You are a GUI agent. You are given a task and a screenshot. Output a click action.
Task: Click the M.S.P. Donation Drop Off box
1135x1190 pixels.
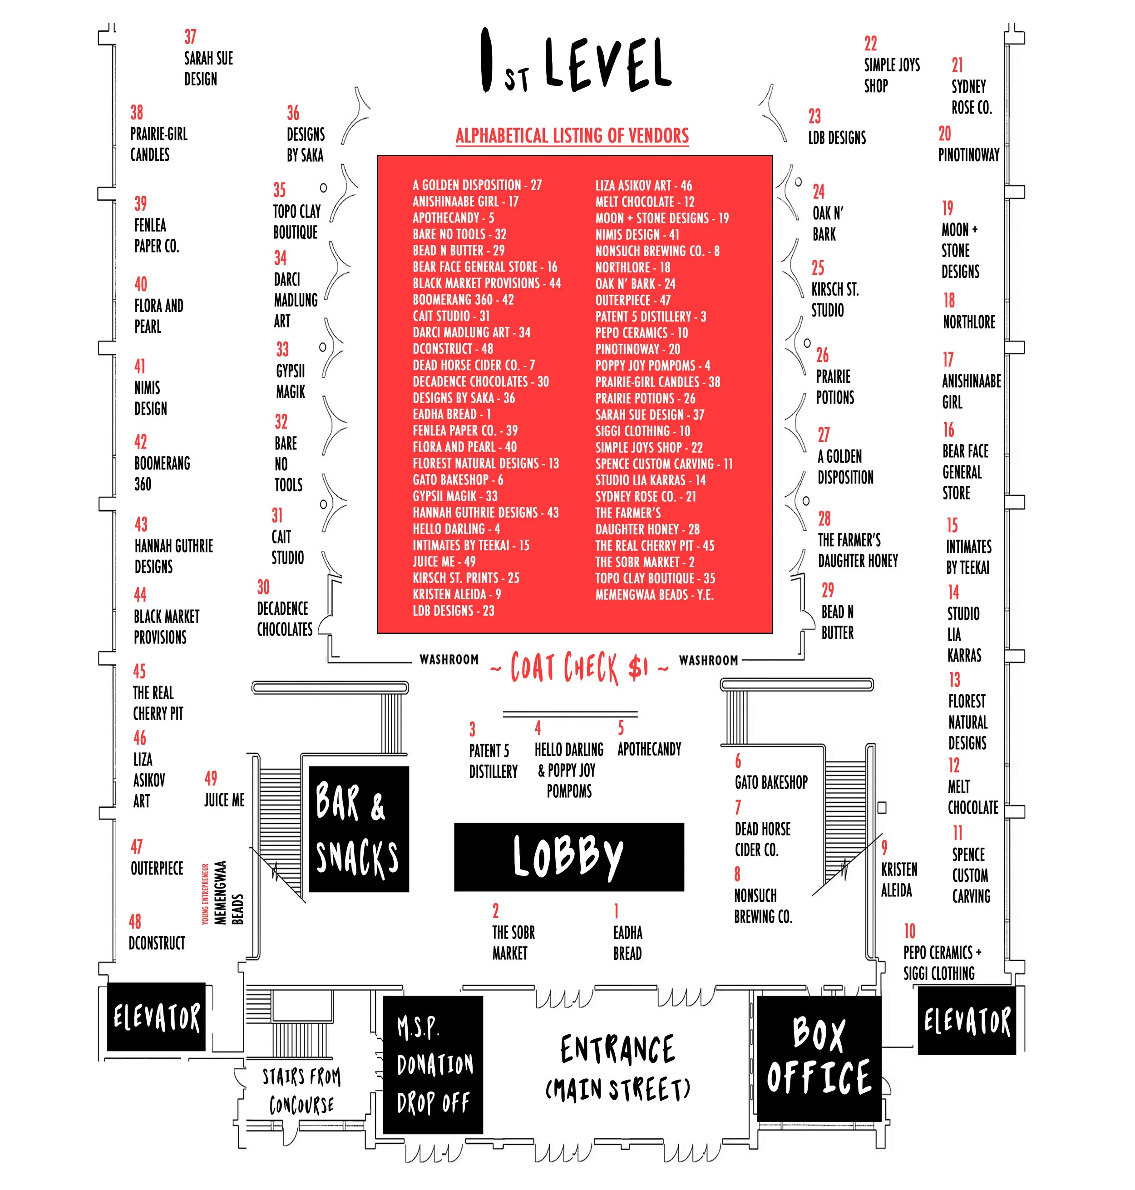pyautogui.click(x=433, y=1065)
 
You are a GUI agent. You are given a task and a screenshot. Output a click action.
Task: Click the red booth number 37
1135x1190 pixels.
pyautogui.click(x=191, y=37)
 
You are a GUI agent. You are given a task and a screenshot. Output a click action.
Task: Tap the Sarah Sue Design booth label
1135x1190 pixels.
pyautogui.click(x=207, y=69)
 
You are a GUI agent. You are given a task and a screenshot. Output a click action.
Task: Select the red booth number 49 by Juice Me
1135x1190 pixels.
pyautogui.click(x=211, y=778)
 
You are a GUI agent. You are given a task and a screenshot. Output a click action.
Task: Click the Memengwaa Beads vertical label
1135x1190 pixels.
pyautogui.click(x=229, y=892)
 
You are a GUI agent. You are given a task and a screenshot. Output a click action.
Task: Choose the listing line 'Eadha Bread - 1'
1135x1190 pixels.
pyautogui.click(x=451, y=415)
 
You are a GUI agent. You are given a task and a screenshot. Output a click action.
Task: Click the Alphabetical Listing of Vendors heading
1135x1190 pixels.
pyautogui.click(x=572, y=135)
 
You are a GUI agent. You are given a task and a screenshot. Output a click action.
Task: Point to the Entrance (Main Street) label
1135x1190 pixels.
pyautogui.click(x=617, y=1068)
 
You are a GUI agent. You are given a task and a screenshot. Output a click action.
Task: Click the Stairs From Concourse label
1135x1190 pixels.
pyautogui.click(x=301, y=1090)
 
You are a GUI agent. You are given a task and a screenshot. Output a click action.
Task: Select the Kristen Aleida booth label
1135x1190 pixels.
pyautogui.click(x=898, y=879)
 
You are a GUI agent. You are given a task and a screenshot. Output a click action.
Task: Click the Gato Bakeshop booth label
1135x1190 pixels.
pyautogui.click(x=771, y=782)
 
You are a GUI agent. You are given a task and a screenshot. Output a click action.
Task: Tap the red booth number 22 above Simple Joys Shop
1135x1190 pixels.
pyautogui.click(x=870, y=44)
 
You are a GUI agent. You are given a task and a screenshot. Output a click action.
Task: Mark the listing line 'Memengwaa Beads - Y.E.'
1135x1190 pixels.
pyautogui.click(x=654, y=595)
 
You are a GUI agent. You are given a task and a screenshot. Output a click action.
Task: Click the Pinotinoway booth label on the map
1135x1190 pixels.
pyautogui.click(x=969, y=155)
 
